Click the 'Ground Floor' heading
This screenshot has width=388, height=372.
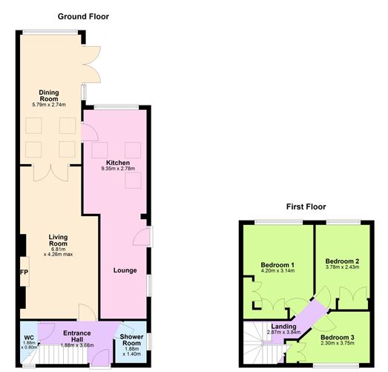tap(84, 16)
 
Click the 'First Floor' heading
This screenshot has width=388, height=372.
tap(306, 206)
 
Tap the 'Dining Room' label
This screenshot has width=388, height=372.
tap(49, 95)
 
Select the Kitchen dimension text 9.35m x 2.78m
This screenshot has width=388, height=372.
tap(118, 169)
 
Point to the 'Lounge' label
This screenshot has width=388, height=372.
tap(125, 270)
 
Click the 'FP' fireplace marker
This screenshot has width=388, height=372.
tap(24, 271)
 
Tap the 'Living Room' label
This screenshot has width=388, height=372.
tap(59, 241)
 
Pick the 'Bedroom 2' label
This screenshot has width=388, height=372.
tap(341, 261)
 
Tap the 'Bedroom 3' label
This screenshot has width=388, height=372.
tap(338, 336)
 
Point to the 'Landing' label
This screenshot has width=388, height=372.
tap(284, 326)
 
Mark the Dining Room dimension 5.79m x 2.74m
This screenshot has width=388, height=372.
tap(49, 105)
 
